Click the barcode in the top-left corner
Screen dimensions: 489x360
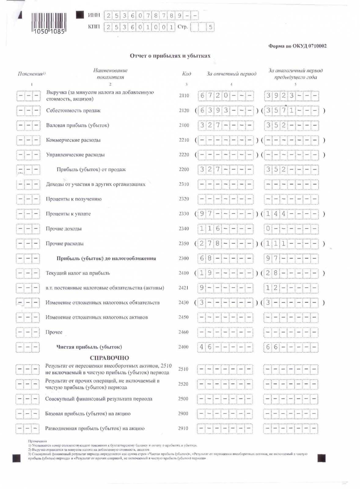pyautogui.click(x=49, y=23)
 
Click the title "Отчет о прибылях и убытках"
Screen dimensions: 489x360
pyautogui.click(x=170, y=56)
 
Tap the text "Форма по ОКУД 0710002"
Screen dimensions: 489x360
pyautogui.click(x=297, y=46)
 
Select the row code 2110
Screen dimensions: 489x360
pyautogui.click(x=184, y=96)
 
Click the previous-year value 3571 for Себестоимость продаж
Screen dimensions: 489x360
pyautogui.click(x=280, y=110)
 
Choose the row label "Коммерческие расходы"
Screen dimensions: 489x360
pyautogui.click(x=73, y=140)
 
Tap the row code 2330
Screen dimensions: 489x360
pyautogui.click(x=184, y=214)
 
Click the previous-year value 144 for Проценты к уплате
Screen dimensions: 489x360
pyautogui.click(x=276, y=214)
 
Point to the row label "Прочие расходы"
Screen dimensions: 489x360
pyautogui.click(x=64, y=244)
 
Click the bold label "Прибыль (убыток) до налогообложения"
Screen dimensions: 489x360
pyautogui.click(x=106, y=258)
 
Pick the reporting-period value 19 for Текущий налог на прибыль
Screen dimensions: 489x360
pyautogui.click(x=206, y=273)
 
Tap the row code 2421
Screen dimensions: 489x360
pyautogui.click(x=183, y=288)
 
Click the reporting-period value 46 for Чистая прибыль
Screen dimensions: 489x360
pyautogui.click(x=205, y=347)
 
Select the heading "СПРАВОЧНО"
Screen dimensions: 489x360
pyautogui.click(x=109, y=358)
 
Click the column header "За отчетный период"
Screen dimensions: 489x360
pyautogui.click(x=231, y=74)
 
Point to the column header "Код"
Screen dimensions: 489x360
pyautogui.click(x=186, y=74)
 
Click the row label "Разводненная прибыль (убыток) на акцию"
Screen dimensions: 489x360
pyautogui.click(x=95, y=428)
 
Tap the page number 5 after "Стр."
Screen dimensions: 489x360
pyautogui.click(x=210, y=27)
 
